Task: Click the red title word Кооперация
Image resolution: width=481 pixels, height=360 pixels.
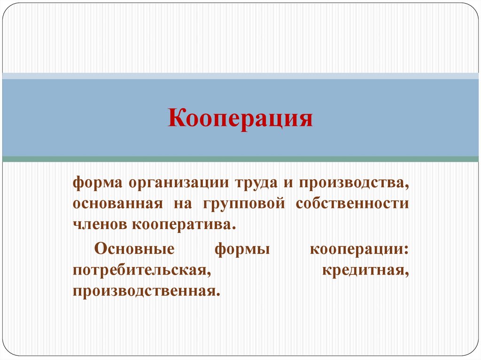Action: (x=240, y=118)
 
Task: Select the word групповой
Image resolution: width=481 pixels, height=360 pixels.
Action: (x=244, y=205)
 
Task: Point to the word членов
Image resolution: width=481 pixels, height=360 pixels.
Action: (x=100, y=225)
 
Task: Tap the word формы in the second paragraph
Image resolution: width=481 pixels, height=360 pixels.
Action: (x=242, y=249)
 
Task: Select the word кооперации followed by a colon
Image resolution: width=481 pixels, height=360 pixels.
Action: (x=359, y=249)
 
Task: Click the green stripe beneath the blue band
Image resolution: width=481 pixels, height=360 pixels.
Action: (x=240, y=159)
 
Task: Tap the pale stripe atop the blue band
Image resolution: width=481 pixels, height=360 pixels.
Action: (x=240, y=76)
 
